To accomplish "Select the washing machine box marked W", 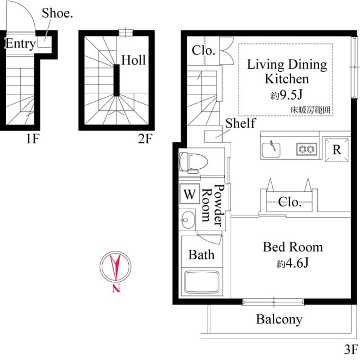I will tap(190, 195).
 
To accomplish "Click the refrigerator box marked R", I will tap(336, 150).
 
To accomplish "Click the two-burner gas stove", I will tap(307, 149).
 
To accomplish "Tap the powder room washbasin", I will tap(188, 218).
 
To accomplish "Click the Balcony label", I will tap(279, 319).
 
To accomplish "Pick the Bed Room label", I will tap(292, 247).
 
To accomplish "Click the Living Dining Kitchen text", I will tap(287, 71).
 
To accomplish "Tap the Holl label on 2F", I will tap(133, 60).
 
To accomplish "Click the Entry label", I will tap(20, 44).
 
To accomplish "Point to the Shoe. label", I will tap(57, 13).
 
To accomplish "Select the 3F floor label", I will tap(350, 348).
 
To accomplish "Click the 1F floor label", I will tap(32, 139).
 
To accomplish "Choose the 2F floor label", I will tap(145, 139).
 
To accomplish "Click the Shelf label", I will tap(240, 123).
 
